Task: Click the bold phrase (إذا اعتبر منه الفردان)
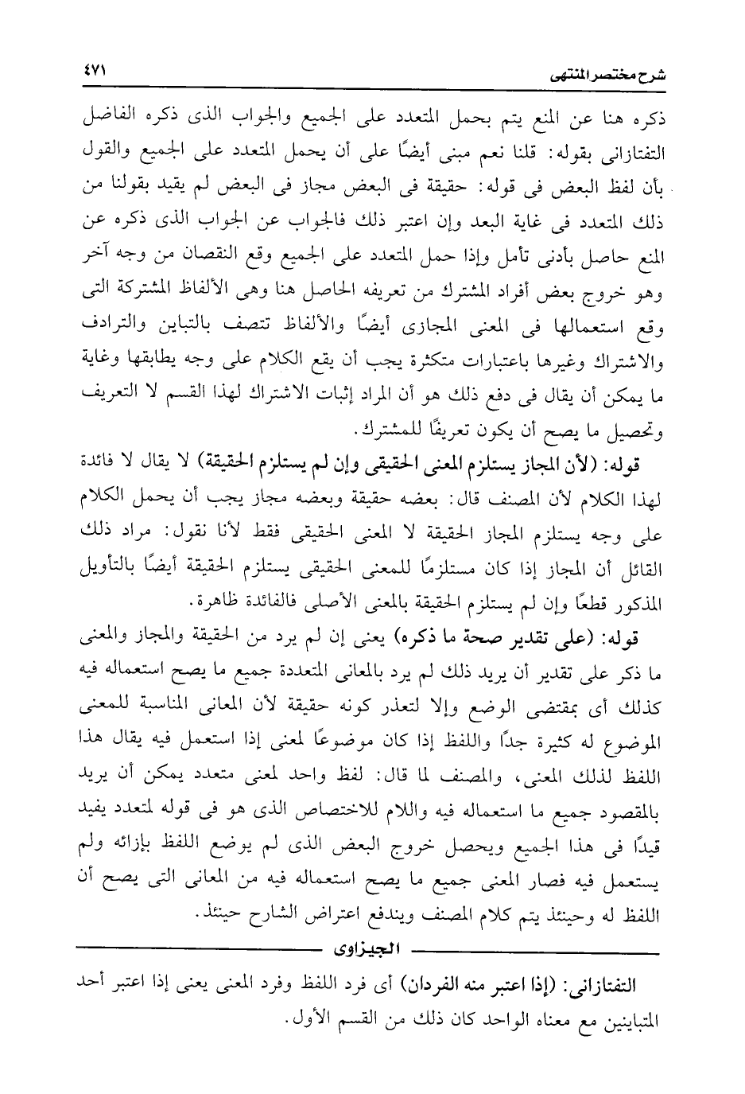[x=490, y=978]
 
